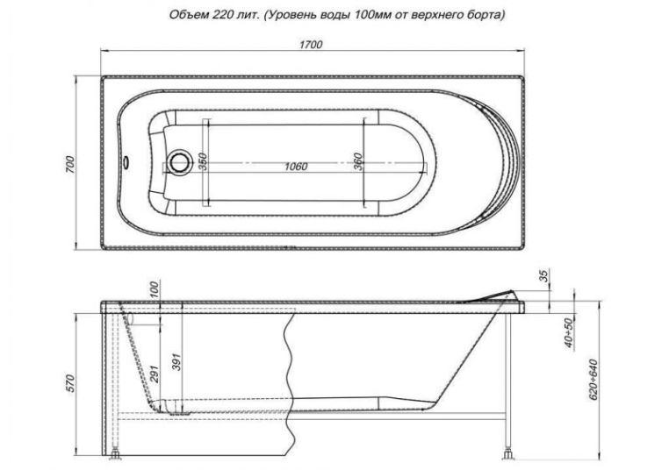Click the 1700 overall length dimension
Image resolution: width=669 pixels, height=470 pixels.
311,45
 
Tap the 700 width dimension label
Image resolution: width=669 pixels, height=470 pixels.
70,165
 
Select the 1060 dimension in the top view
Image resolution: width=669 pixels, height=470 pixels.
296,167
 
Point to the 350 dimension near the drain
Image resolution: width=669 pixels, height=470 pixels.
203,162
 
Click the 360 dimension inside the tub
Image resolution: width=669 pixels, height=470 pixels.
358,162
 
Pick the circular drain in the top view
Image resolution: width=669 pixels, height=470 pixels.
178,162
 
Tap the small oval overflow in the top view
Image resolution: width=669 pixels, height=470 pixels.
126,162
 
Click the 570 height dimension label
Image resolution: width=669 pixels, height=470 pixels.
70,383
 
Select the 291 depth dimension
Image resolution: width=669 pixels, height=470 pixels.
155,374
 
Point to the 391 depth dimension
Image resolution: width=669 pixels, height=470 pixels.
177,362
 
